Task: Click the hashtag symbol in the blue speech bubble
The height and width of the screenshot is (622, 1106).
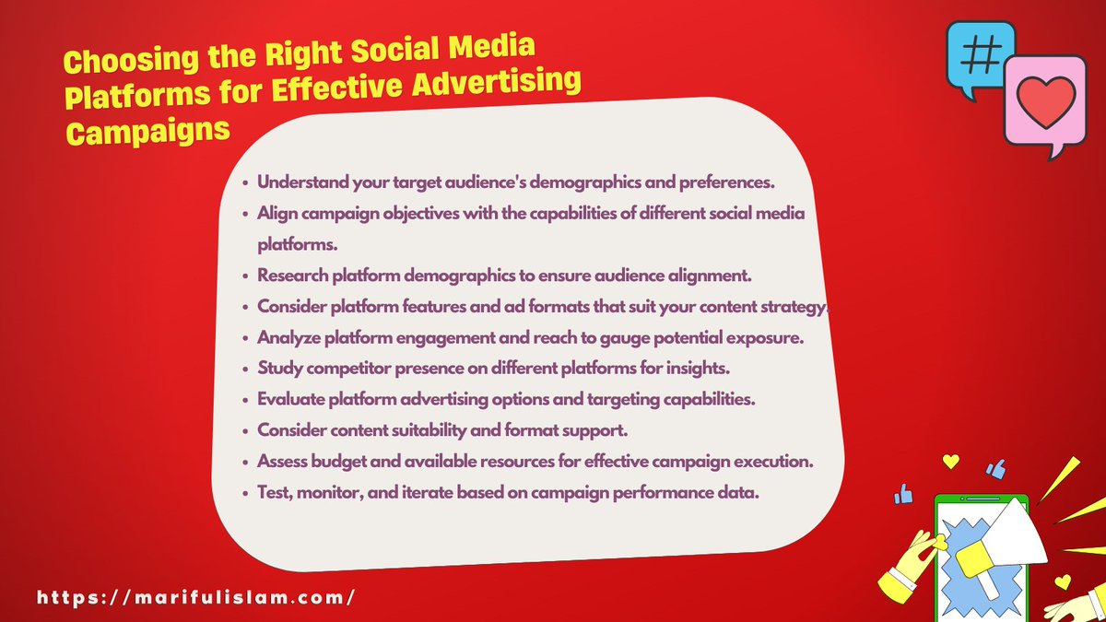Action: coord(980,55)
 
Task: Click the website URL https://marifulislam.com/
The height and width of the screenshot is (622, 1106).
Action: coord(196,596)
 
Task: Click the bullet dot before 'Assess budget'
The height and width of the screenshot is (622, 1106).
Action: coord(244,463)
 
